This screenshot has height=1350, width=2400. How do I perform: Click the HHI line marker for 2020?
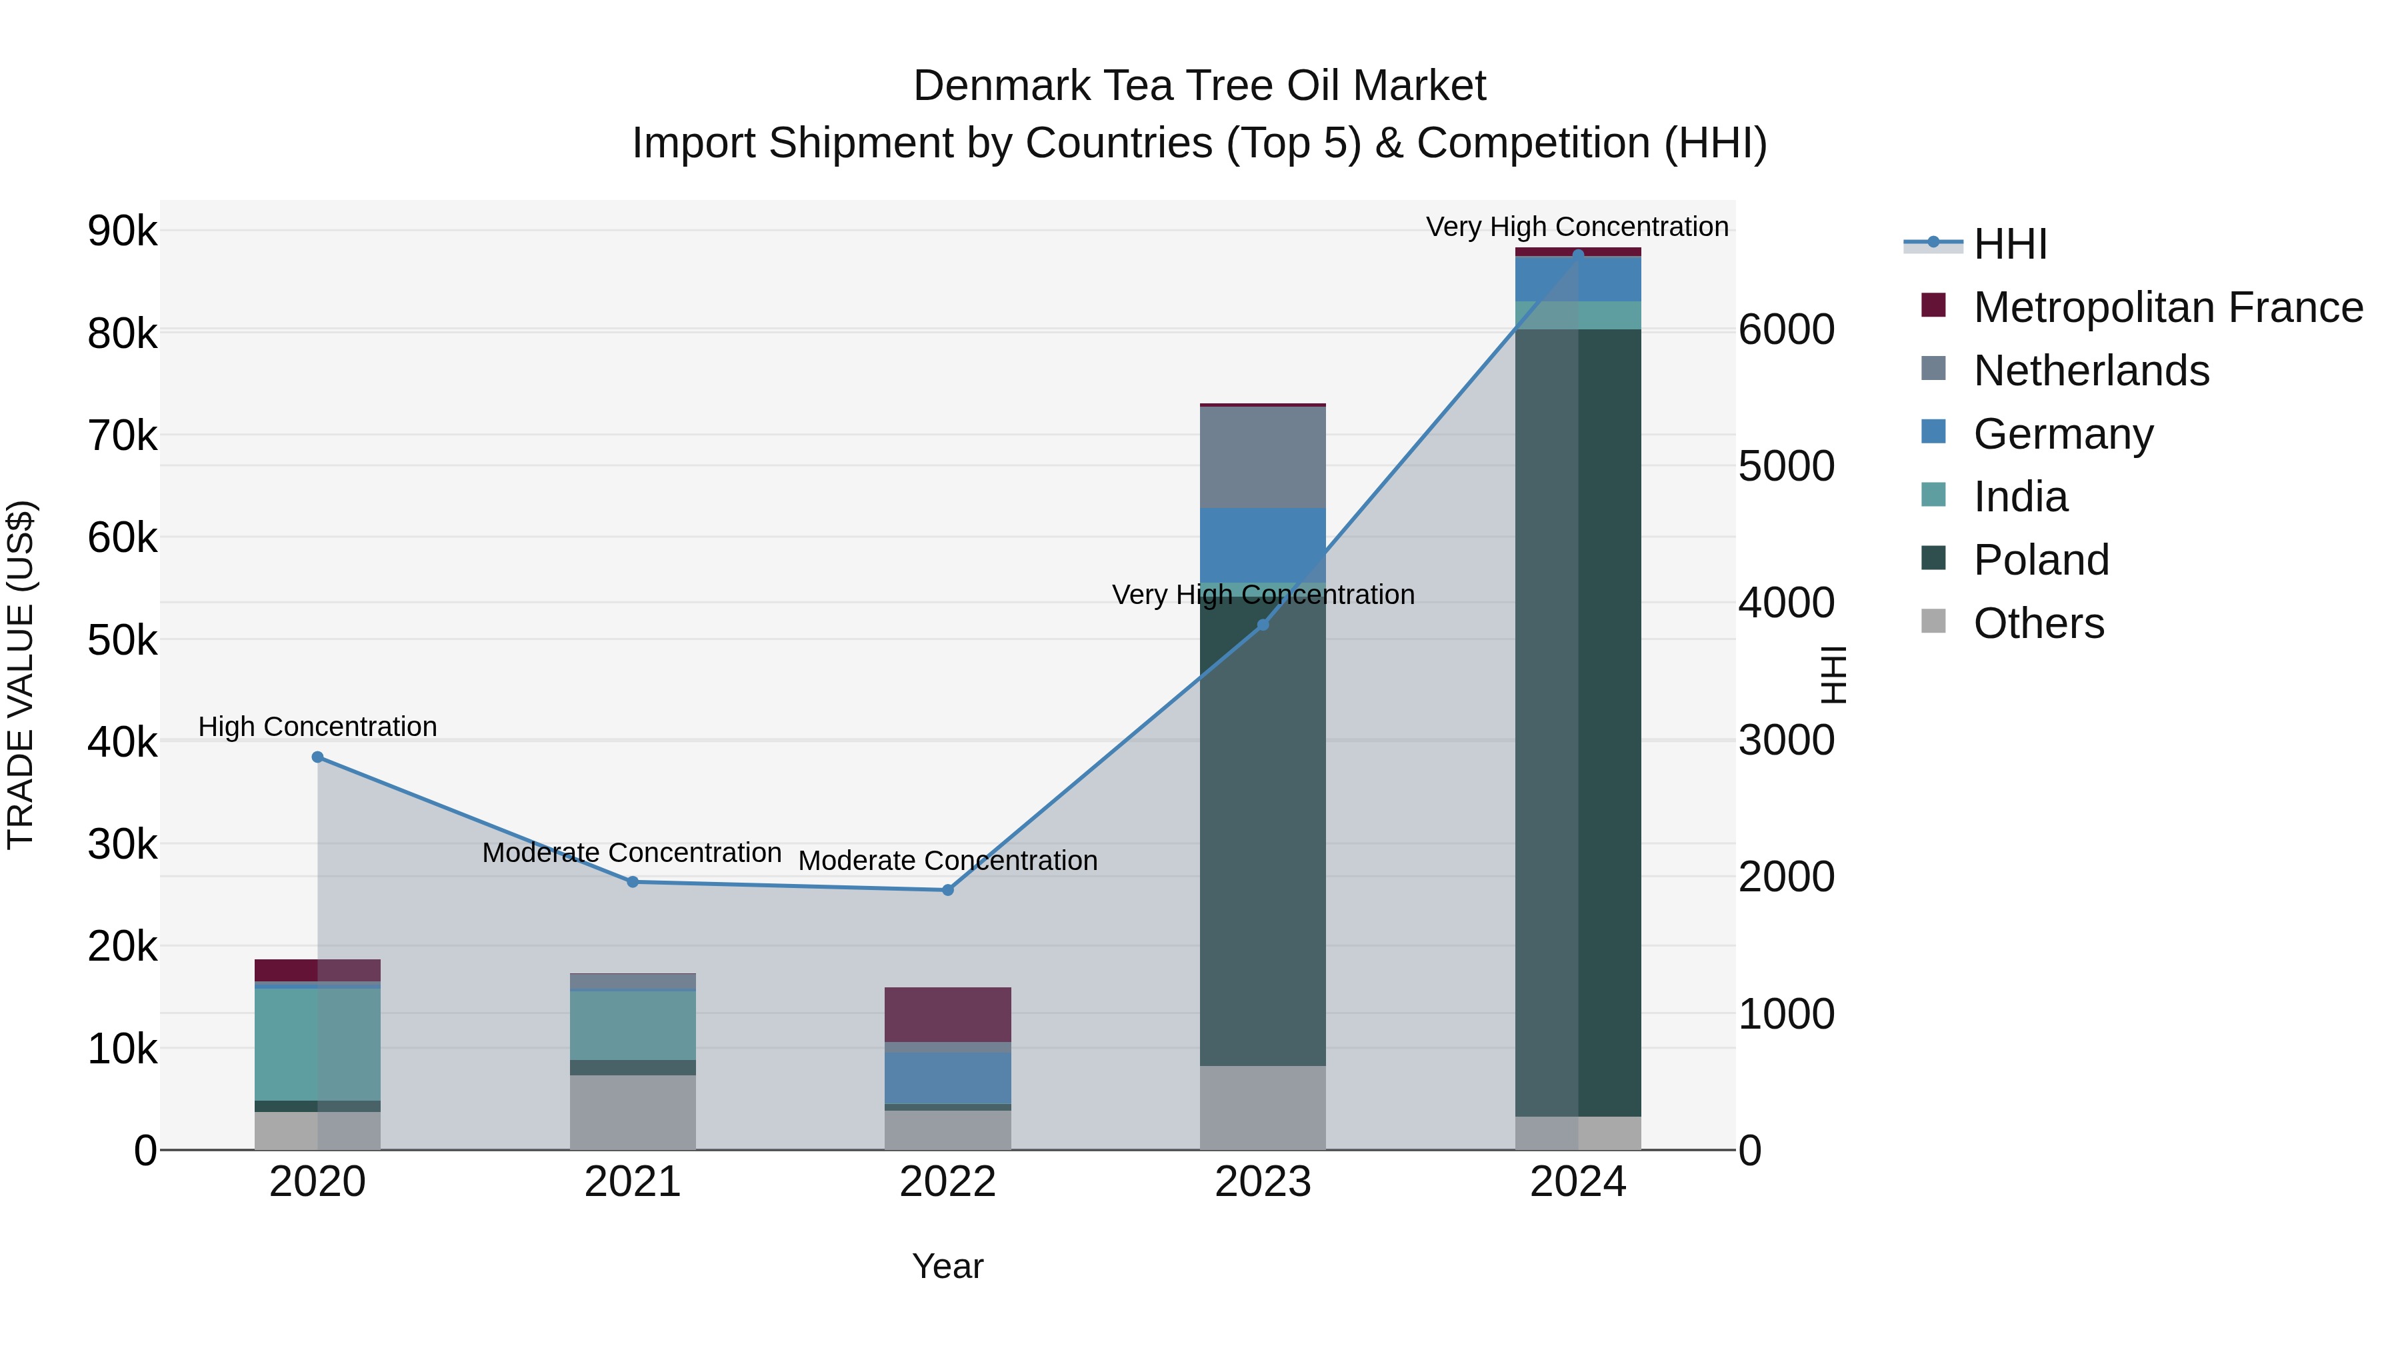click(318, 757)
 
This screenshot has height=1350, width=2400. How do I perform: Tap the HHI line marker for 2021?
click(633, 881)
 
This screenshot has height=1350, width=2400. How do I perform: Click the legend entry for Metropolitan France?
click(2167, 307)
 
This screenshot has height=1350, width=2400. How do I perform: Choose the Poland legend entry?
click(2041, 560)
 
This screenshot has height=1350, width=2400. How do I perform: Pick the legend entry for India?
click(2020, 497)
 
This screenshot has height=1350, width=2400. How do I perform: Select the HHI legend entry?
click(2009, 244)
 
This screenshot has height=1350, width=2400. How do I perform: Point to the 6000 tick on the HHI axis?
click(1786, 330)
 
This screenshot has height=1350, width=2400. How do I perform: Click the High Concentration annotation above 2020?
click(318, 727)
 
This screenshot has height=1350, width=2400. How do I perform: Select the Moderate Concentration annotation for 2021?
click(632, 853)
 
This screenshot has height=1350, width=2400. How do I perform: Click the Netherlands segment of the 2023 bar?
click(1263, 457)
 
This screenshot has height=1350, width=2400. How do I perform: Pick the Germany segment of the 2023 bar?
click(1263, 545)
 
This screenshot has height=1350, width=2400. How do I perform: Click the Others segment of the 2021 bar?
click(633, 1113)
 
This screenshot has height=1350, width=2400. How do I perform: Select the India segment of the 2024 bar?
click(1578, 315)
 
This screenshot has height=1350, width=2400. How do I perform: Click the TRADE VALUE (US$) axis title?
click(21, 675)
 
